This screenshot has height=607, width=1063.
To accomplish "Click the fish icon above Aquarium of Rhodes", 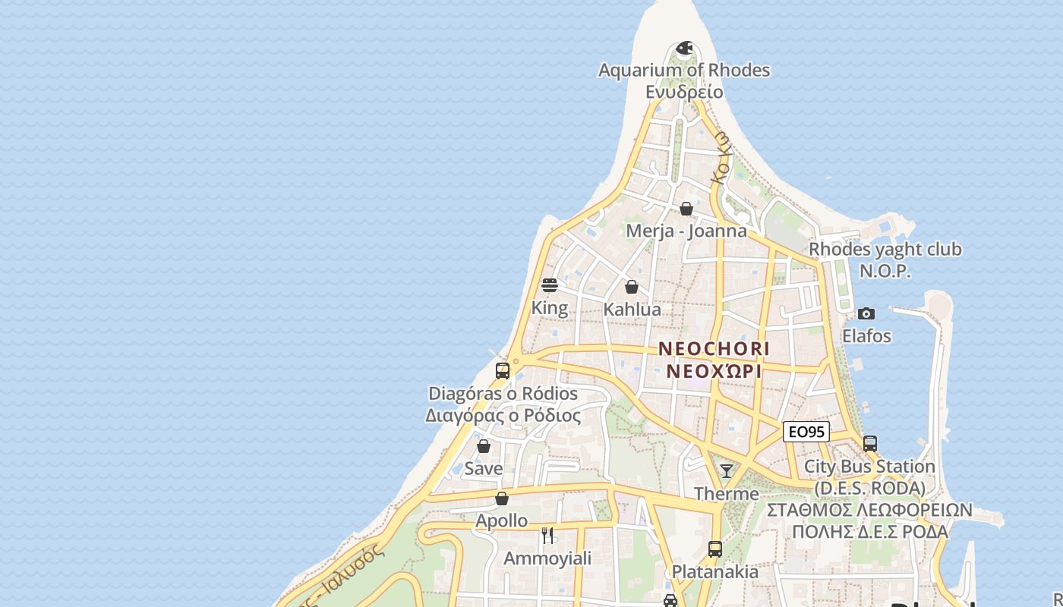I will tap(684, 49).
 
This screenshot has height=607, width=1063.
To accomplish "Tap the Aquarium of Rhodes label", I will tap(684, 71).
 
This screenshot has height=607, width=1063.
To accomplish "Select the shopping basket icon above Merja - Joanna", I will tap(686, 209).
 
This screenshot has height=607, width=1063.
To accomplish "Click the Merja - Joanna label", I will tap(686, 231).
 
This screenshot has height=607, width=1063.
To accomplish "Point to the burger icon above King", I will tap(550, 285).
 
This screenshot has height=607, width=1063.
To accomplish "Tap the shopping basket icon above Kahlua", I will tap(632, 287).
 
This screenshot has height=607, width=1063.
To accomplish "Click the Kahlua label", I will tap(632, 310).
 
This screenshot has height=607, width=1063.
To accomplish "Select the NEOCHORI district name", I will tap(714, 349).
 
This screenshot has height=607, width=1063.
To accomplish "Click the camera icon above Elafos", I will tap(866, 313).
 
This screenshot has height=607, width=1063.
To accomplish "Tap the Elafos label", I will tap(866, 335).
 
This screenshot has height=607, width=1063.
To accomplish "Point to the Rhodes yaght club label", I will tap(885, 250).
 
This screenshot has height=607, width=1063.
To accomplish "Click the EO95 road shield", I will tap(806, 432).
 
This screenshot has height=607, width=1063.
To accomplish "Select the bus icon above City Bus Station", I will tap(870, 444).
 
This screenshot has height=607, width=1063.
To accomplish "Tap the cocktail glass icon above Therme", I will tap(727, 471).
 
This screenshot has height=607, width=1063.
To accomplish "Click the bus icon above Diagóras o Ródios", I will tap(503, 371).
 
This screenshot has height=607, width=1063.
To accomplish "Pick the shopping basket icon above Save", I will tap(484, 446).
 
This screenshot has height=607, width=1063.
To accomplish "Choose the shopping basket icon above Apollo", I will tap(502, 498).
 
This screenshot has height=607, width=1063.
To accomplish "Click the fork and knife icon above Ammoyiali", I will tap(548, 536).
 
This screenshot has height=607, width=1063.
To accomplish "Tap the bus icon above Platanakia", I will tap(715, 549).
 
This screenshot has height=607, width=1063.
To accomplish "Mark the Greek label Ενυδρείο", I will tap(684, 92).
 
